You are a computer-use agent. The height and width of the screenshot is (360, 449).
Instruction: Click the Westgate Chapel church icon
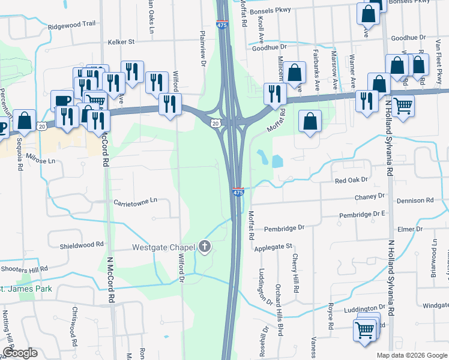tap(205, 246)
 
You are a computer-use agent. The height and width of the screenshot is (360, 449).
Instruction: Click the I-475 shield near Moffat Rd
tap(238, 191)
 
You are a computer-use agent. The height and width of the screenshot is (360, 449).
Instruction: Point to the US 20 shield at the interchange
tap(215, 122)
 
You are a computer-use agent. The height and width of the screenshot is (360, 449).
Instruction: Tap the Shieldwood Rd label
tap(82, 245)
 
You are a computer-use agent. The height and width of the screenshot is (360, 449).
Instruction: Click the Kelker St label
tap(121, 42)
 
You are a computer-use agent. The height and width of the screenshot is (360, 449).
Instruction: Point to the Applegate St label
tap(273, 246)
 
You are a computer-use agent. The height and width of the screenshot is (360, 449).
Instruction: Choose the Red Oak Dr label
tap(351, 179)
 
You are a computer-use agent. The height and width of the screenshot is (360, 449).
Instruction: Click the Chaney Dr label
tap(369, 196)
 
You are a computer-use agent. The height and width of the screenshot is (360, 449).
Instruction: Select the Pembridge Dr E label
tap(361, 213)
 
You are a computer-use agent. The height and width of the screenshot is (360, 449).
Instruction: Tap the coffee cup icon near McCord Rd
tap(61, 101)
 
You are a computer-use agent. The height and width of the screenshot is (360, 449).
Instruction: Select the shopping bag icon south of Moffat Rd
tap(310, 122)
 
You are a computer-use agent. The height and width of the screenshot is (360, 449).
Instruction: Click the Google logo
tap(20, 353)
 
